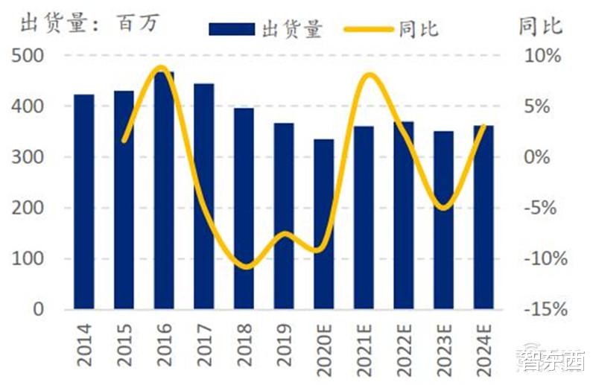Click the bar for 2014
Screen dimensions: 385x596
coord(84,201)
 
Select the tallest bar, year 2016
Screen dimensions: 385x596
coord(164,190)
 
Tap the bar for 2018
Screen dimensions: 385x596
coord(244,209)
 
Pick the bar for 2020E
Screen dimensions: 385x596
coord(323,223)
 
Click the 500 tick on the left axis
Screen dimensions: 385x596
coord(28,57)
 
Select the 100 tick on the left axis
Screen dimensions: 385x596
coord(28,259)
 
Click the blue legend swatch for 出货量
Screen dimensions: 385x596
coord(233,29)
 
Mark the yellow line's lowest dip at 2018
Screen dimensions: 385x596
coord(247,266)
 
